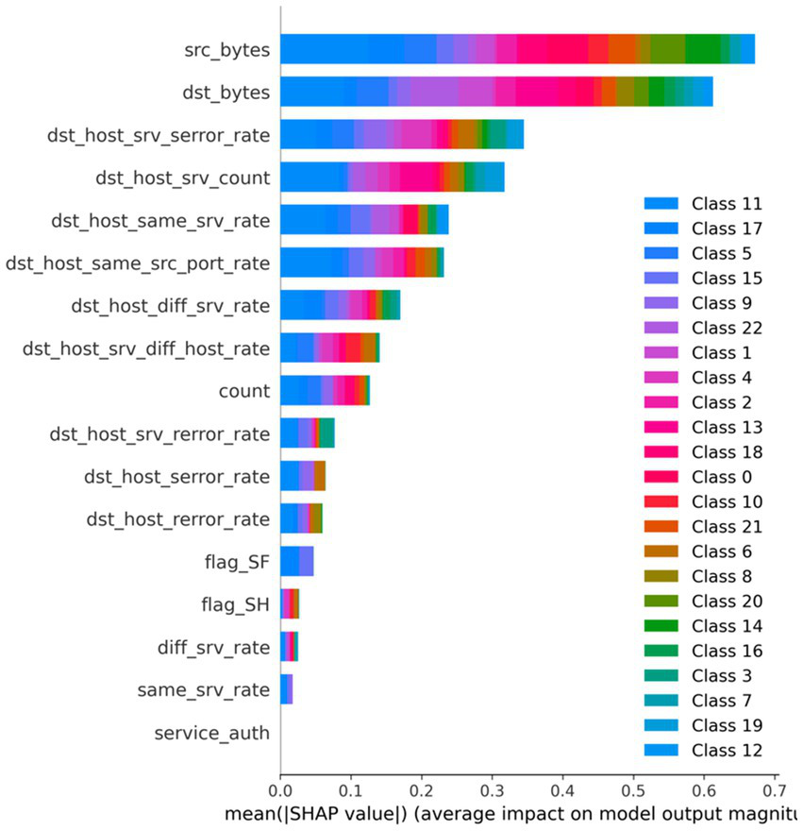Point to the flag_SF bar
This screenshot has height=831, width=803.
[296, 562]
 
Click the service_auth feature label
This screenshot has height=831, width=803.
[212, 733]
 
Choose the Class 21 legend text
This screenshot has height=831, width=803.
[727, 526]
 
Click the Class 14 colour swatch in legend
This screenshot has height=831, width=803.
[661, 626]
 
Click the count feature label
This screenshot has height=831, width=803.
[243, 391]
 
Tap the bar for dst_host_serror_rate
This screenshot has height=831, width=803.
[303, 476]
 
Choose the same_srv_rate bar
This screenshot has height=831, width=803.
[287, 689]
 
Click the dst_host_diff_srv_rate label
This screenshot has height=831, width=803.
[171, 305]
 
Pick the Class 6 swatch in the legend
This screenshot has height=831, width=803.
[661, 551]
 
